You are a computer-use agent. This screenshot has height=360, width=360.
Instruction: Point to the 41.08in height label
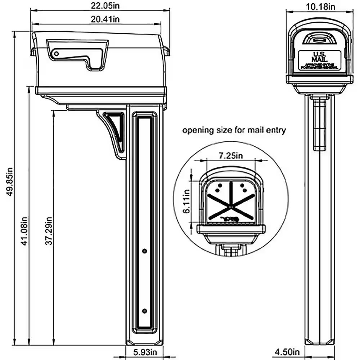[24, 230]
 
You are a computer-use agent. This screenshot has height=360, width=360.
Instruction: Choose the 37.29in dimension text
[49, 230]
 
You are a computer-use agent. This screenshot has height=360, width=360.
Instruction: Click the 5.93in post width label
[144, 352]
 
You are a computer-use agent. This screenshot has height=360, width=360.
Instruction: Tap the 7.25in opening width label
[231, 155]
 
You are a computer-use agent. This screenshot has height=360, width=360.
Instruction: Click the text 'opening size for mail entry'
[234, 130]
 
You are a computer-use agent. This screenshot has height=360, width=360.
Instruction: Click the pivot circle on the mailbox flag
[56, 54]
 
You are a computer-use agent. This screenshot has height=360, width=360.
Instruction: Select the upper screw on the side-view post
[144, 250]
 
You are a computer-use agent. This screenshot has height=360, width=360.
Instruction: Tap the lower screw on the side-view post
[144, 311]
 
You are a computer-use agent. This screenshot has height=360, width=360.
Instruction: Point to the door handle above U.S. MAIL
[319, 39]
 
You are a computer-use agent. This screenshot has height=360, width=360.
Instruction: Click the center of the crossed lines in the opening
[230, 205]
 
